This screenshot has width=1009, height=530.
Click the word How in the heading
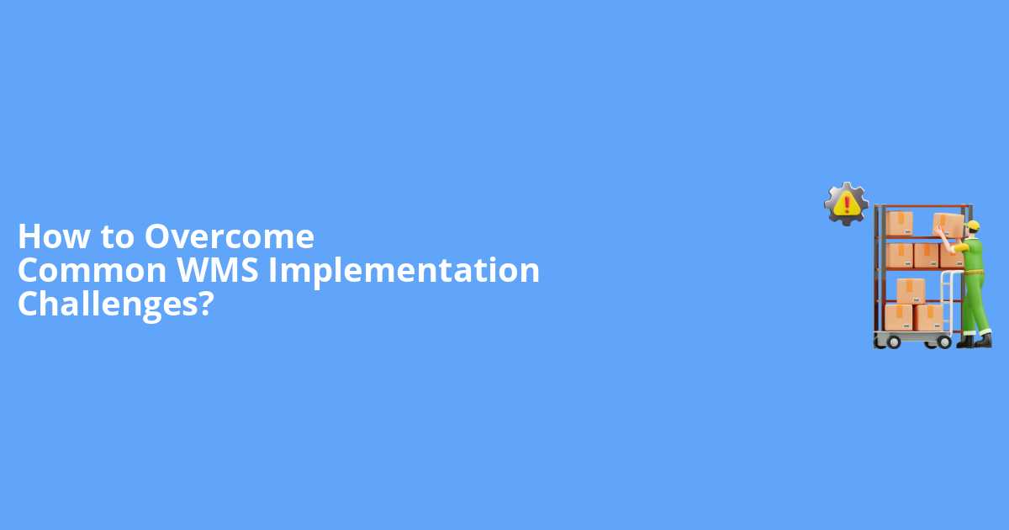[53, 237]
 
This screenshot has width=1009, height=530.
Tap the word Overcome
[229, 237]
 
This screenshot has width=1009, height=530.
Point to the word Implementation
[404, 272]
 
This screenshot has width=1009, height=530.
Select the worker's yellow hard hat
[974, 225]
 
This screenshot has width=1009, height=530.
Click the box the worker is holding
[948, 224]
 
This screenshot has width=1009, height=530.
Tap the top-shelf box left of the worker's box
[900, 223]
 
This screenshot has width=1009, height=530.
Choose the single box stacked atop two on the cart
[911, 290]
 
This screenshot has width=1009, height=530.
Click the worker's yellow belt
[974, 271]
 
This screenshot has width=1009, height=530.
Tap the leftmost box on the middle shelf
[900, 254]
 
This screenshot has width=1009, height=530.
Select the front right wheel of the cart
[943, 342]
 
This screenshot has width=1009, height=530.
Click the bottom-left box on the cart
[899, 317]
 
